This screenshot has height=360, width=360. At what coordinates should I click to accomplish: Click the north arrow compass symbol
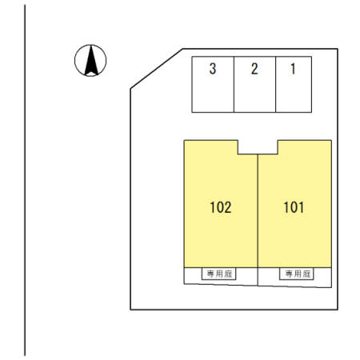pyautogui.click(x=90, y=61)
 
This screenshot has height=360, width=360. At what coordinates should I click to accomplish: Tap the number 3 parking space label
pyautogui.click(x=213, y=69)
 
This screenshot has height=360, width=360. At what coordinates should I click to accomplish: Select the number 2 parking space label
pyautogui.click(x=254, y=69)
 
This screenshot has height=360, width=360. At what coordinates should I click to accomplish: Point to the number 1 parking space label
pyautogui.click(x=293, y=69)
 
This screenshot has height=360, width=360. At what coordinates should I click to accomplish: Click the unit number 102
pyautogui.click(x=221, y=207)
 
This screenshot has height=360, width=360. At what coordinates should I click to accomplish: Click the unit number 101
pyautogui.click(x=294, y=207)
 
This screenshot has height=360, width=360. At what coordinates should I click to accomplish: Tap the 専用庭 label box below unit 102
pyautogui.click(x=218, y=274)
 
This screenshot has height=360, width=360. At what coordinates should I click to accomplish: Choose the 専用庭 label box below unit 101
pyautogui.click(x=297, y=274)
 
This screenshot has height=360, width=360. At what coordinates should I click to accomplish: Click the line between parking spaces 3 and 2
pyautogui.click(x=234, y=84)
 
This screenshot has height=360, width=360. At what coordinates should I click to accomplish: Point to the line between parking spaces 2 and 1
pyautogui.click(x=275, y=84)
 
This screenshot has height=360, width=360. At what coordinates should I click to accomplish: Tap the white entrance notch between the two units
pyautogui.click(x=258, y=147)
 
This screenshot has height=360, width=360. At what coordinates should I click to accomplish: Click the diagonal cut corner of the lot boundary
pyautogui.click(x=157, y=69)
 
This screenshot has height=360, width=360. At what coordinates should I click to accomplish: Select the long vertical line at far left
pyautogui.click(x=25, y=180)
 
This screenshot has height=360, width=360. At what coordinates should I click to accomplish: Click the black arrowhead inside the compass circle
pyautogui.click(x=91, y=61)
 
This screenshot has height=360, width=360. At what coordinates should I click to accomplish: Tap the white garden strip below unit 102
pyautogui.click(x=221, y=276)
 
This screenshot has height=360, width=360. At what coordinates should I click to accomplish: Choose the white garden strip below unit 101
pyautogui.click(x=294, y=278)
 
